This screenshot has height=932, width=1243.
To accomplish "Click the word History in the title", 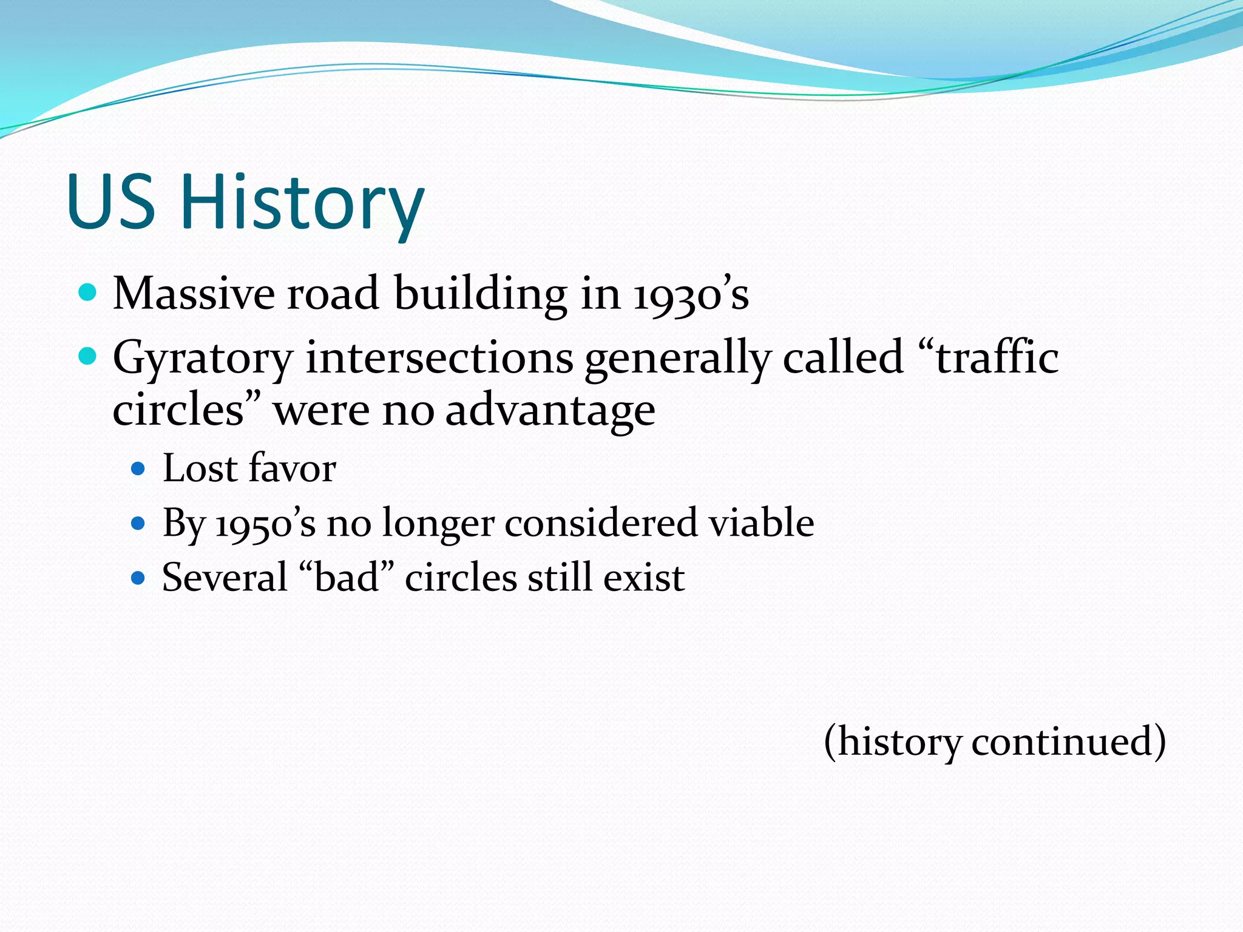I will pyautogui.click(x=302, y=203).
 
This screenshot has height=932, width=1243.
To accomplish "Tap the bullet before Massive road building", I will pyautogui.click(x=89, y=293).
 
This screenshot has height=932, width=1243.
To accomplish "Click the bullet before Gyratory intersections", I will pyautogui.click(x=89, y=356).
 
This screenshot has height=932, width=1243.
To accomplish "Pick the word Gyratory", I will pyautogui.click(x=203, y=359).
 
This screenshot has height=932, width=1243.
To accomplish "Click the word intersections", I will pyautogui.click(x=439, y=358).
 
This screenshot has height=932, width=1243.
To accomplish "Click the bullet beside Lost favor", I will pyautogui.click(x=139, y=468).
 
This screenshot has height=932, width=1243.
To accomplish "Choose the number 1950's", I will pyautogui.click(x=266, y=524).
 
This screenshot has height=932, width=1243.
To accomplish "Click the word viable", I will pyautogui.click(x=762, y=522).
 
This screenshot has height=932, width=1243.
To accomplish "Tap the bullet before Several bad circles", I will pyautogui.click(x=139, y=577).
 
